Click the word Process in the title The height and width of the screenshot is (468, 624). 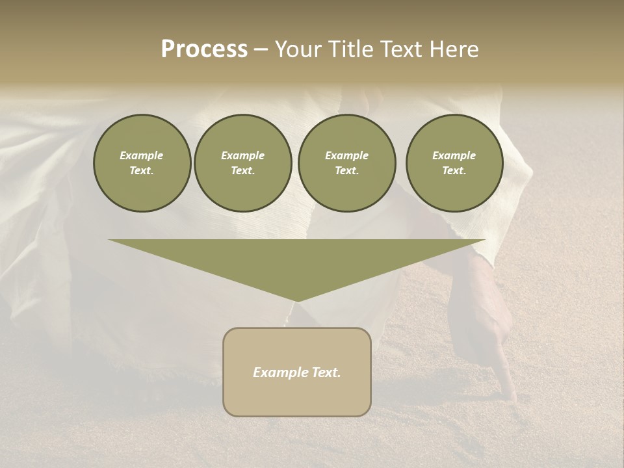(204, 49)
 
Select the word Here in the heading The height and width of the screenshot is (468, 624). (455, 49)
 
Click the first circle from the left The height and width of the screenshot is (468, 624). (142, 163)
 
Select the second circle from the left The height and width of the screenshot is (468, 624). (242, 163)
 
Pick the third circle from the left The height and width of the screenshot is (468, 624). (346, 163)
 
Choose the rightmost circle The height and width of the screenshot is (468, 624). (454, 163)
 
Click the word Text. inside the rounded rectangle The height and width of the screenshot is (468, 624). (325, 372)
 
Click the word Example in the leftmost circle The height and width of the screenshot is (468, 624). (142, 155)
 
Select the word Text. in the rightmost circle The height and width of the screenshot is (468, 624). (454, 171)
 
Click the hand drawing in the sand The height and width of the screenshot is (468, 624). (494, 325)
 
